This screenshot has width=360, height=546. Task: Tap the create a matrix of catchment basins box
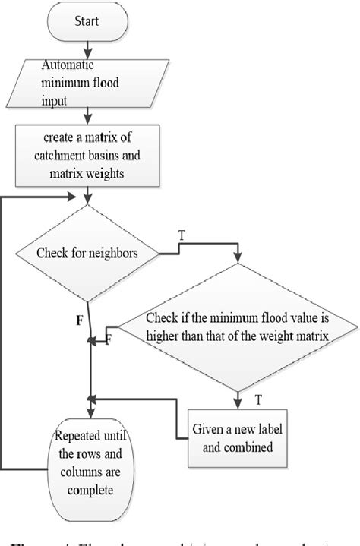pos(90,156)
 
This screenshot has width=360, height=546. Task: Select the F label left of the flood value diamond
pos(108,339)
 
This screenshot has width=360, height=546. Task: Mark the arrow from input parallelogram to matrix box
pos(90,115)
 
